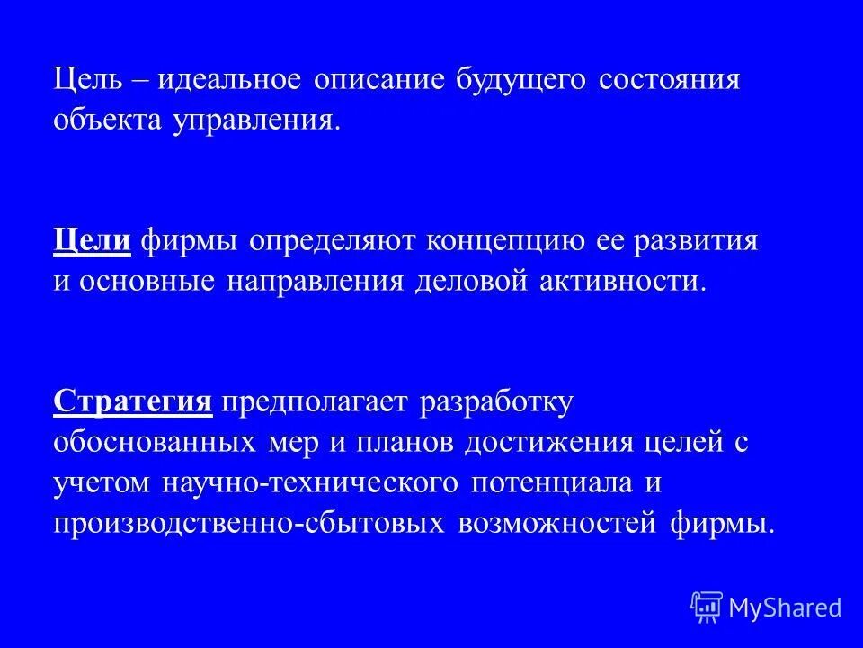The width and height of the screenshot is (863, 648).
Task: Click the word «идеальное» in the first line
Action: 229,79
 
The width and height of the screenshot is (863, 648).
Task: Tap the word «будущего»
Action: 521,79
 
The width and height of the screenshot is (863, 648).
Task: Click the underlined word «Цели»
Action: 93,240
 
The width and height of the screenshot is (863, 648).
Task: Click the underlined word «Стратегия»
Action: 133,401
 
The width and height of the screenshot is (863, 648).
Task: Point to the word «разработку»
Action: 495,402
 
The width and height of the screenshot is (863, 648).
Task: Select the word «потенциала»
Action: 549,482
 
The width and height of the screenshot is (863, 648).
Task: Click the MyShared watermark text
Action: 785,607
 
